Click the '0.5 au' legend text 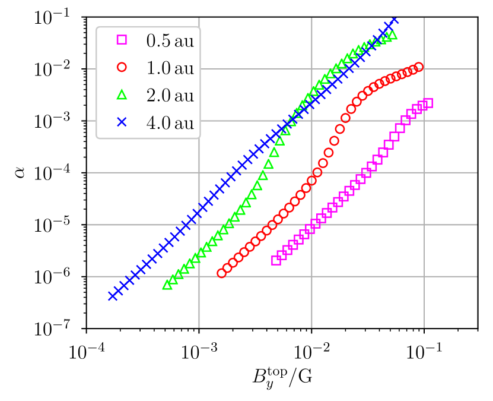tap(170, 40)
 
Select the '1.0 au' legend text tap(170, 68)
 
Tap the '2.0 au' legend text tap(170, 95)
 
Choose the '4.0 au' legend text tap(170, 122)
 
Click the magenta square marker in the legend tap(122, 40)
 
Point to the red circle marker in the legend tap(122, 67)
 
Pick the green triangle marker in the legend tap(122, 94)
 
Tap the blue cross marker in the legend tap(122, 122)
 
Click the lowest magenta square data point tap(276, 260)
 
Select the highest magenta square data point tap(428, 103)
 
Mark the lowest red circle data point tap(222, 273)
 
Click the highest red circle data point tap(419, 67)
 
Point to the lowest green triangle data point tap(167, 285)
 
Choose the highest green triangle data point tap(392, 36)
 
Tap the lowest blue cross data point tap(113, 296)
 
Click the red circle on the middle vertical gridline tap(312, 181)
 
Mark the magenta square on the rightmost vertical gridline tap(422, 106)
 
